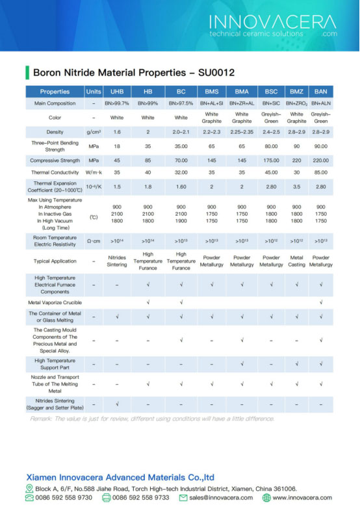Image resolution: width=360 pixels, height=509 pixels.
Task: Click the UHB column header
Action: (x=117, y=92)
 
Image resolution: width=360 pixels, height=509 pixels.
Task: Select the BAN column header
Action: (x=321, y=92)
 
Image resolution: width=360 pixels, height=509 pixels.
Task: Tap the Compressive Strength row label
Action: (x=55, y=160)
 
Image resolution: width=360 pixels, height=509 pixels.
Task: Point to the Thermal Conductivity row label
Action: (x=55, y=172)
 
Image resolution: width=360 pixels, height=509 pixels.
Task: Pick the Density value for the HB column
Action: (x=148, y=132)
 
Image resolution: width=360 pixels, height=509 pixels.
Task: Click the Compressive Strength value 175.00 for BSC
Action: (x=272, y=160)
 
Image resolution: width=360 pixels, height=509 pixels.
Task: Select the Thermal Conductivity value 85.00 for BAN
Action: (x=321, y=172)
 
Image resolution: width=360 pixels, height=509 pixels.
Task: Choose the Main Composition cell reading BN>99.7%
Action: (x=117, y=103)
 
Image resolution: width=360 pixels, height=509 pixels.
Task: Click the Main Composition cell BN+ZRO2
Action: (x=296, y=103)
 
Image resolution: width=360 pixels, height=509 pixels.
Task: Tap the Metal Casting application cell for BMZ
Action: (x=296, y=261)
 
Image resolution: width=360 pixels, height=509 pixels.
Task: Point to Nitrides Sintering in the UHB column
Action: (x=117, y=261)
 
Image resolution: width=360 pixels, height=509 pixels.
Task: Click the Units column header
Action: (x=94, y=92)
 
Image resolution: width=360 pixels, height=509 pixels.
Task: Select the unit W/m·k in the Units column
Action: (x=94, y=172)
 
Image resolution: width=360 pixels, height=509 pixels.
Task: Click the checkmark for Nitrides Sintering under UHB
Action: (x=117, y=404)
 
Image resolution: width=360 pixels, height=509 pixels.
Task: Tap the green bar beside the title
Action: (x=27, y=72)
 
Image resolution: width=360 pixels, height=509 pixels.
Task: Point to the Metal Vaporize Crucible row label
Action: (x=55, y=302)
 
